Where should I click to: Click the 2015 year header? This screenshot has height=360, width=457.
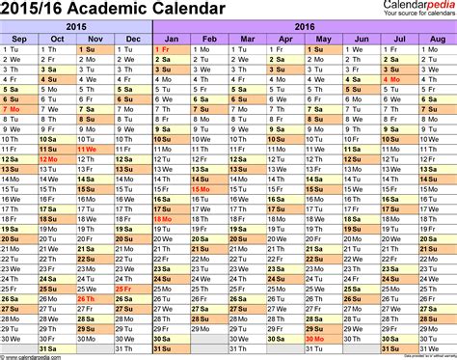76,25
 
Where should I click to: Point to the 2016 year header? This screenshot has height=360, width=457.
304,25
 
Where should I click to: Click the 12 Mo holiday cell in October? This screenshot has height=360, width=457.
57,160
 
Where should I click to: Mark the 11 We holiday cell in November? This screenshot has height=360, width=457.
94,151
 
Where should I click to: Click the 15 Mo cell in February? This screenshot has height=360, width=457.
208,190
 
